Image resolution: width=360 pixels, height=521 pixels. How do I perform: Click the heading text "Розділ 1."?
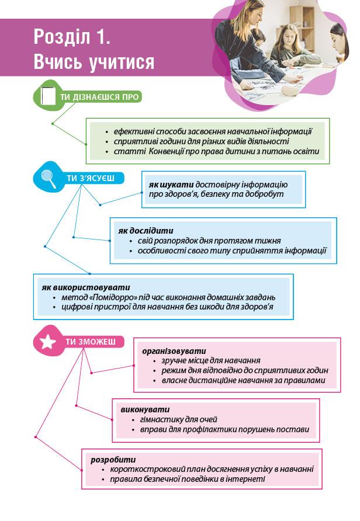pos(72,38)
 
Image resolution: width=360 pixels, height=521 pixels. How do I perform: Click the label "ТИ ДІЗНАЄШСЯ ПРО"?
pos(100,97)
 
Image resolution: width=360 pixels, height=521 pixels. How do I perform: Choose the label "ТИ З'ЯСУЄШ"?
pos(90,178)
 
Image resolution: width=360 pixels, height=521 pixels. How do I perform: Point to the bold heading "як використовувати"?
pos(85,287)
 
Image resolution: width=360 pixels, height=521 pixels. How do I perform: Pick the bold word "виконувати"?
pos(145,409)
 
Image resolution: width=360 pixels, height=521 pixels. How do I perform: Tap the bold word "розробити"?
pos(113,459)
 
